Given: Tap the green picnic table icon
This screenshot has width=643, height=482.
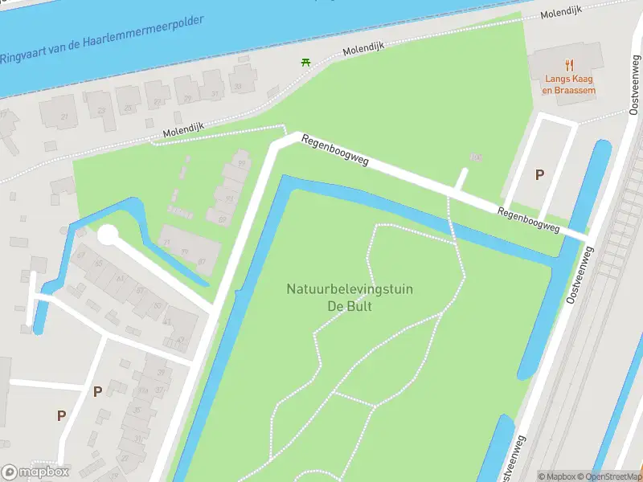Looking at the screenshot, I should coord(305,62).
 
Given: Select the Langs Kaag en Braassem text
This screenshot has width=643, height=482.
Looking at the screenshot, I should coord(569,85).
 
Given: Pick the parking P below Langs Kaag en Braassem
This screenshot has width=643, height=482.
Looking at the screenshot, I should coord(539,174).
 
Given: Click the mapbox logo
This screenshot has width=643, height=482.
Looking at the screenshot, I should coord(35,472).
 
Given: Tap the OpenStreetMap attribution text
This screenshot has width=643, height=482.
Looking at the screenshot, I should coord(614,476).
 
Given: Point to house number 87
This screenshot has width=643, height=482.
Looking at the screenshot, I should coord(203,261).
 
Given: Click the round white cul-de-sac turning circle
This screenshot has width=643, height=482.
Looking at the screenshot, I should coord(107,235).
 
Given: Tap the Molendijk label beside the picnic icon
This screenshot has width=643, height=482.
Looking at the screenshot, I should coord(363,49).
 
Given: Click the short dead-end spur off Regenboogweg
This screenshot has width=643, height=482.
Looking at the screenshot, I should coord(461,179).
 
